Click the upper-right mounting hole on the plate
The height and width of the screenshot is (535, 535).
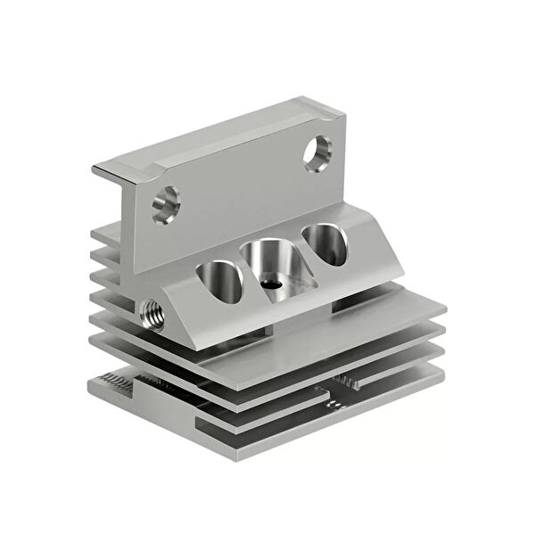[317, 152]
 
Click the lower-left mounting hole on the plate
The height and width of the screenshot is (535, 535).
[165, 203]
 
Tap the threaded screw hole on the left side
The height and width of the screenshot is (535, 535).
[152, 313]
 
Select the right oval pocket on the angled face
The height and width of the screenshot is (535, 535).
[324, 243]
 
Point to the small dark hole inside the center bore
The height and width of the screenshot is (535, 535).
[271, 284]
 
